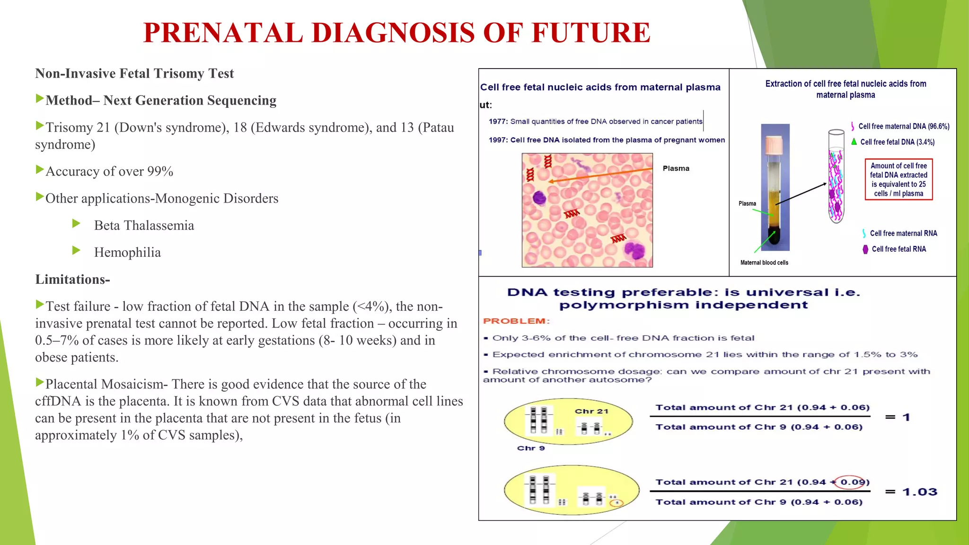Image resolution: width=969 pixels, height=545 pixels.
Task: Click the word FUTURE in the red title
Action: point(590,33)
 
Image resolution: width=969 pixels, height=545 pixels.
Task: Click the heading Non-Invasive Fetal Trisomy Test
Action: point(134,73)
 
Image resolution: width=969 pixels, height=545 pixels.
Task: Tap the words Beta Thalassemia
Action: point(144,225)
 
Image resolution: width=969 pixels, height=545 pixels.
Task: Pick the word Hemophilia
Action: point(127,252)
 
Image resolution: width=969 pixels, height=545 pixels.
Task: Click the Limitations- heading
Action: point(72,279)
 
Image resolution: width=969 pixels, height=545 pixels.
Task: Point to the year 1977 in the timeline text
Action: point(498,122)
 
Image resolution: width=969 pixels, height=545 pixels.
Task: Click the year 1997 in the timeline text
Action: point(498,140)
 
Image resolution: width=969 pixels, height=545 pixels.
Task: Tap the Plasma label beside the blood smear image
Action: point(676,168)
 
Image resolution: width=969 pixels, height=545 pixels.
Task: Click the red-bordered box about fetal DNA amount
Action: point(898,180)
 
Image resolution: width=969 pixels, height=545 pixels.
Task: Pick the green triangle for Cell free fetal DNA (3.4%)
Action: point(854,141)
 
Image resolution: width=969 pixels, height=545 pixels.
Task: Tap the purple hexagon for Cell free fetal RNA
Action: point(865,249)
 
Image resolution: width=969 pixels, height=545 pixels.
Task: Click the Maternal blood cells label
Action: point(764,263)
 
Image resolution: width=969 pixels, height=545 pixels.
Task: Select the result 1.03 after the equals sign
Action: point(919,492)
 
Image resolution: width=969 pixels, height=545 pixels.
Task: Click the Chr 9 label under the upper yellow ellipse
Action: point(530,448)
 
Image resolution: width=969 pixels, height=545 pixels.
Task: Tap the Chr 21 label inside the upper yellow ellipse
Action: point(591,411)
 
